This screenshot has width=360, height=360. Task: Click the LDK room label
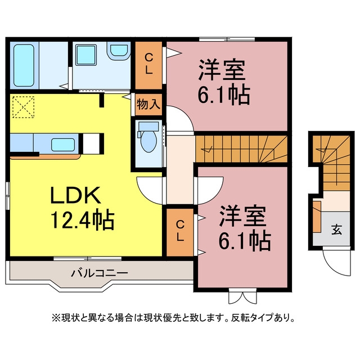tap(75, 195)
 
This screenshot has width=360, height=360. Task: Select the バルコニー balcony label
tap(100, 273)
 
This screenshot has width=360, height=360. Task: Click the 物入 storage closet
tap(148, 104)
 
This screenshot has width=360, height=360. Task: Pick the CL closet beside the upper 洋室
tap(148, 65)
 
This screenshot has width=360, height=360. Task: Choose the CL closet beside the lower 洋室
tap(180, 232)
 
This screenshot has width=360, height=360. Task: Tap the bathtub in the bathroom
tap(24, 65)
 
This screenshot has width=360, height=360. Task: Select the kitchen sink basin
tap(63, 145)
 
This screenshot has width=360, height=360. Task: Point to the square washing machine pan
tap(86, 55)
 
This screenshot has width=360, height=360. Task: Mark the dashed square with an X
tap(23, 107)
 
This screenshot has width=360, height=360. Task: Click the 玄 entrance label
tap(336, 230)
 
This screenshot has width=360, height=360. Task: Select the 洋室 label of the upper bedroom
tap(222, 70)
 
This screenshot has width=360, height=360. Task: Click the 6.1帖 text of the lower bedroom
tap(245, 241)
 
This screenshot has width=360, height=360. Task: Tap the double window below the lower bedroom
tap(242, 296)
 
